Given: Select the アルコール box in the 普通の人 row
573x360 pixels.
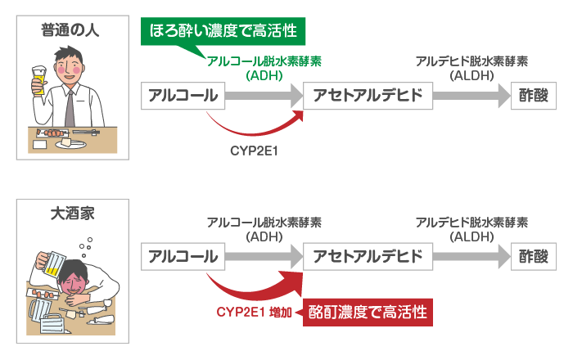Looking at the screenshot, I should tap(183, 95).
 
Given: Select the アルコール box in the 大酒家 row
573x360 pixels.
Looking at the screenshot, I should tap(183, 256).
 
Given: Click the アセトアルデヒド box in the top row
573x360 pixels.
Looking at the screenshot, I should tap(368, 95).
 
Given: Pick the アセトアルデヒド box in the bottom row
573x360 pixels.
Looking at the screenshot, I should tap(368, 256).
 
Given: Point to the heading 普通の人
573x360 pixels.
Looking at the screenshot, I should tap(72, 30).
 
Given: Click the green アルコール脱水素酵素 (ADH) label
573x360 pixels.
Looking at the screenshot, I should tap(264, 68).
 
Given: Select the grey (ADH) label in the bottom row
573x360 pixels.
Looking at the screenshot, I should tap(264, 236).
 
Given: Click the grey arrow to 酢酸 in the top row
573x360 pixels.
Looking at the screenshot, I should tap(468, 95).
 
